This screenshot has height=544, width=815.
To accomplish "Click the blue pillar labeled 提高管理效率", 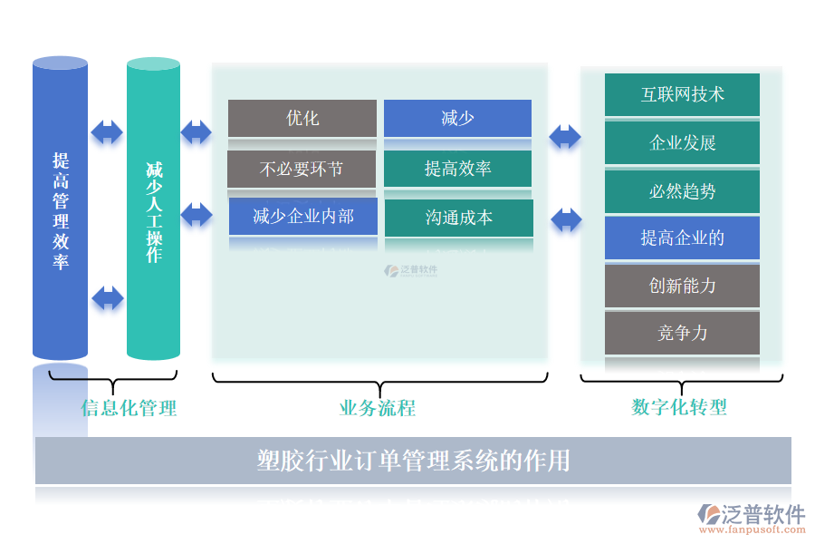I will click(x=60, y=210).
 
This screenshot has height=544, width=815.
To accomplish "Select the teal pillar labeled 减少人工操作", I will click(x=153, y=210).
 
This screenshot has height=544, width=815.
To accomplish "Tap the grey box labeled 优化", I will click(x=302, y=118).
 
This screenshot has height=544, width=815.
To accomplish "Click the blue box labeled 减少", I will click(x=457, y=118).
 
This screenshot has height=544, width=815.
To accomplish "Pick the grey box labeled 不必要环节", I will click(x=302, y=169).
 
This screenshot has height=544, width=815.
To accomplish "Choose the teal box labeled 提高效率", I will click(x=457, y=169).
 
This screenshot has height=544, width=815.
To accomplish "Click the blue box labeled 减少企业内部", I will click(x=302, y=217).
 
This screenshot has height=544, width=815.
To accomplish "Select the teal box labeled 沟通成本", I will click(x=458, y=218).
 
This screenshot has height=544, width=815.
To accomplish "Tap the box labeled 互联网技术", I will click(x=682, y=94).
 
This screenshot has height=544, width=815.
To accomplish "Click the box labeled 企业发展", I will click(x=682, y=142).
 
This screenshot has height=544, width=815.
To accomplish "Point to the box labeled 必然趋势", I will click(x=682, y=190).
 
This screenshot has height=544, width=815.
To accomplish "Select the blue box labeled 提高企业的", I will click(x=682, y=238).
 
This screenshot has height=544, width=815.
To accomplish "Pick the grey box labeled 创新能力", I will click(x=682, y=286).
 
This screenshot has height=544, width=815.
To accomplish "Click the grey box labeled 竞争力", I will click(x=682, y=333).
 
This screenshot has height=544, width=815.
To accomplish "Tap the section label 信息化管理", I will click(x=129, y=408).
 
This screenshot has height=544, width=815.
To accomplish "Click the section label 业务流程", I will click(x=378, y=408).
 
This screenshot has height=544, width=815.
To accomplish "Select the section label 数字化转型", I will click(x=679, y=407).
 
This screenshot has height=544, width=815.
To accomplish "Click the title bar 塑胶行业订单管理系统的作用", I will click(x=413, y=461).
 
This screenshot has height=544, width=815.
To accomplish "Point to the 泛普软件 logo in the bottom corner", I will click(x=752, y=516).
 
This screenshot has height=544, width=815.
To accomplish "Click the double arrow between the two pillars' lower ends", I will click(x=108, y=297).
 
